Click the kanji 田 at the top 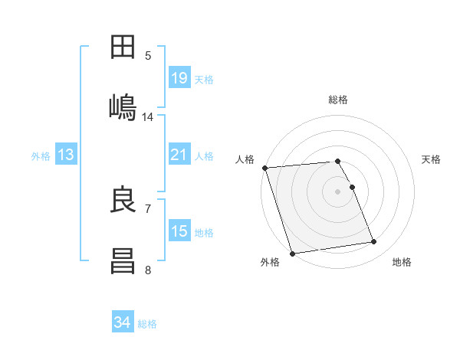(123, 48)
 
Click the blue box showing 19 (179, 78)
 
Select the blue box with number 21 (179, 155)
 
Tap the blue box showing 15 (179, 231)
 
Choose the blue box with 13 (66, 155)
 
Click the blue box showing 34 (122, 322)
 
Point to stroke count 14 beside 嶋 (148, 117)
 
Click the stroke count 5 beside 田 (148, 55)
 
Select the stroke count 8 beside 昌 (148, 270)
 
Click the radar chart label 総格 (338, 100)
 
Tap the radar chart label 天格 (432, 159)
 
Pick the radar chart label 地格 (402, 263)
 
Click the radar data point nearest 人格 (264, 168)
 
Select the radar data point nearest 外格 (292, 253)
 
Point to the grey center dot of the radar (338, 191)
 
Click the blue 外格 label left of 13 (41, 156)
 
